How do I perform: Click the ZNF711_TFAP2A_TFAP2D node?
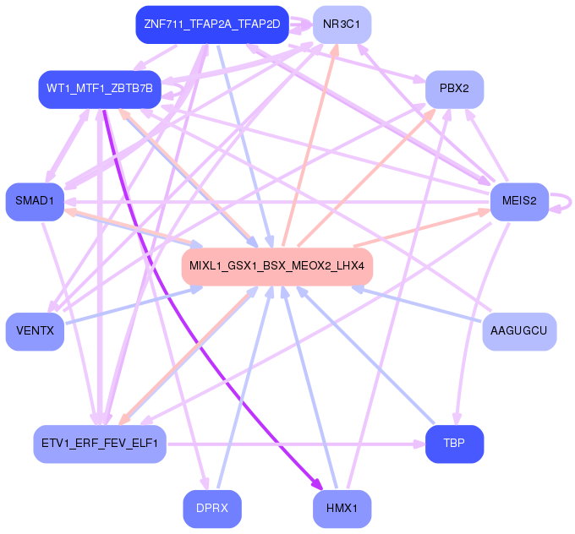211,25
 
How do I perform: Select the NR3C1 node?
342,25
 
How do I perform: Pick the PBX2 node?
454,89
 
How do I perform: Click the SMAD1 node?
35,201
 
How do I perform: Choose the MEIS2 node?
519,201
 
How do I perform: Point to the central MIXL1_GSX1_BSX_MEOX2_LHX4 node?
277,266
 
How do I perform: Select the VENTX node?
35,331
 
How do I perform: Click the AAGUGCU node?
519,331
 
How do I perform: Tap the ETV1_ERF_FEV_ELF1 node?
100,444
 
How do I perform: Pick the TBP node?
454,444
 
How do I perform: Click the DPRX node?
211,509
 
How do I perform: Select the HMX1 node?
342,509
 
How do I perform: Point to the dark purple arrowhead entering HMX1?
316,485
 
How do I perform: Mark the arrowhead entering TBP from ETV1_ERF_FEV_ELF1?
419,444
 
